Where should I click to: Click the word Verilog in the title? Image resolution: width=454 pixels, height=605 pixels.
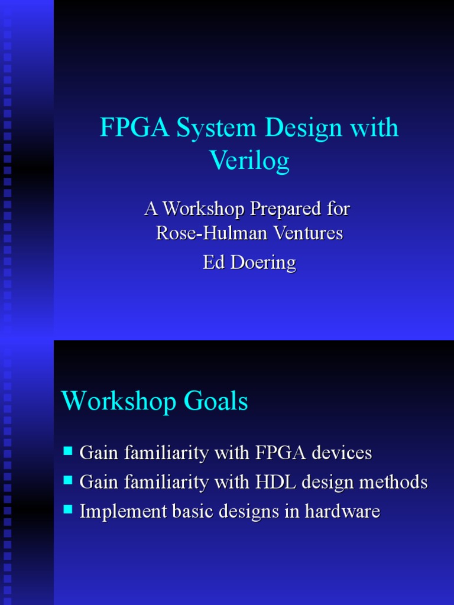[249, 161]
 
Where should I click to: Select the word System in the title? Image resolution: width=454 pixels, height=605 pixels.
[208, 128]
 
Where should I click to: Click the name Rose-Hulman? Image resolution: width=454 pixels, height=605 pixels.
[197, 233]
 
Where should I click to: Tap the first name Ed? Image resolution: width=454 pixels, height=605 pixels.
[212, 263]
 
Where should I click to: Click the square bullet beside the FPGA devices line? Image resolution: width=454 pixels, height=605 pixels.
[67, 452]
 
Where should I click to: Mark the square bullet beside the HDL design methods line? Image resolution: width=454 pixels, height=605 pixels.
[67, 481]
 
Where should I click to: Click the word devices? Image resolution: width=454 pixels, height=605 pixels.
[345, 453]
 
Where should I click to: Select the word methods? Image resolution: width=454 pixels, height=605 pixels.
[394, 482]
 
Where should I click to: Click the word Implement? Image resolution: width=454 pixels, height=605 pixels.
[116, 512]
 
